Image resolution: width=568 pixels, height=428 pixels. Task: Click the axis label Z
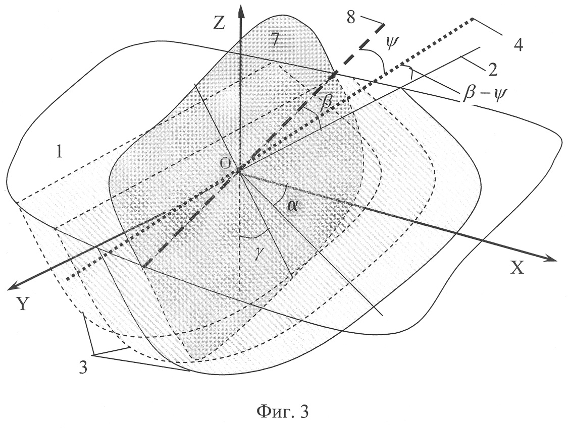220,22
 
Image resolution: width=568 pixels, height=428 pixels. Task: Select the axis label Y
23,305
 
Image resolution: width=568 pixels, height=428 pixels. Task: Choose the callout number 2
492,70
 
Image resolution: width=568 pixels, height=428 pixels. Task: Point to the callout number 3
83,369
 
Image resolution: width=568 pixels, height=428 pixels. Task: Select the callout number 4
519,46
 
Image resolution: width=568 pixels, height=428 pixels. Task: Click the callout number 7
275,40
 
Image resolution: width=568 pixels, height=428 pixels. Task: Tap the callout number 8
351,17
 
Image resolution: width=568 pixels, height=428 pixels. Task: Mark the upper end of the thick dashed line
383,24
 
